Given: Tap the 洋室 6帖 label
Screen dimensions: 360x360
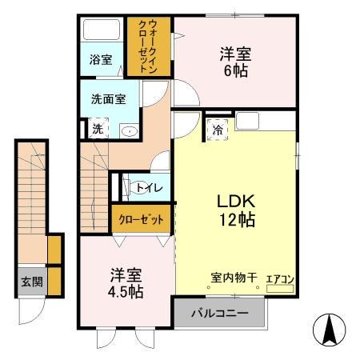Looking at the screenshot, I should tap(236, 62).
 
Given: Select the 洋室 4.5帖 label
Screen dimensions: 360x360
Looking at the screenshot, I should tap(126, 282).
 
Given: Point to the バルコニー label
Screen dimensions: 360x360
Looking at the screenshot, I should tap(219, 313).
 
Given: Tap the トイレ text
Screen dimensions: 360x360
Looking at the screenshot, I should tap(150, 188).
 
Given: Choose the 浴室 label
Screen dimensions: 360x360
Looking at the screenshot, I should tap(101, 59).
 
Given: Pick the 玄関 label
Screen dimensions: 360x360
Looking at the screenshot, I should tap(32, 282).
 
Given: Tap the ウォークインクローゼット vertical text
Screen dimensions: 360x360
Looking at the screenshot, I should tap(148, 46).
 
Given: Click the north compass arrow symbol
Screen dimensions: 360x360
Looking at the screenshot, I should tap(329, 329).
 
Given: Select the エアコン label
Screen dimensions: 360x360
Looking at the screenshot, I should tap(280, 279).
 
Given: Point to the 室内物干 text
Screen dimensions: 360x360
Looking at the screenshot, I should tap(234, 278).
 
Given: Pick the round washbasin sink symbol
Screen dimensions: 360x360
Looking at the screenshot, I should tap(128, 130).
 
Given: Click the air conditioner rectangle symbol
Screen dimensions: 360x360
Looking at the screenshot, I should tap(280, 289).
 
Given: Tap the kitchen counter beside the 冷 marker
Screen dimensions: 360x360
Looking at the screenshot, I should tap(264, 122).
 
